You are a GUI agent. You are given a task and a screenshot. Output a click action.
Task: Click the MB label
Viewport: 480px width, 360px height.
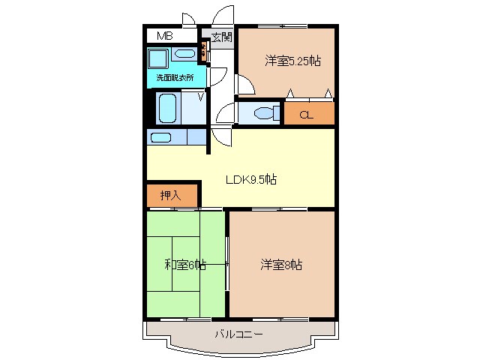click(x=163, y=36)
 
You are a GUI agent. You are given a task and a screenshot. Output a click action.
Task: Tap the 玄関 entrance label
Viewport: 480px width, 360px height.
click(x=220, y=36)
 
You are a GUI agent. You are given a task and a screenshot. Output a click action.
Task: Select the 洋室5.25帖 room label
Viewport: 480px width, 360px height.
click(x=292, y=61)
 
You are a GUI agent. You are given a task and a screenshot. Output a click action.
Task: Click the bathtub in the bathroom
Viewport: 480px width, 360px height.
click(x=168, y=107)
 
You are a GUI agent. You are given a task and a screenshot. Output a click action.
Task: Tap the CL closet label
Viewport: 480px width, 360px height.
click(x=307, y=115)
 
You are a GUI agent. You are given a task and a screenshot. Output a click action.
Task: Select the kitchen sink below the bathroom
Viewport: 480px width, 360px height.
click(x=162, y=137)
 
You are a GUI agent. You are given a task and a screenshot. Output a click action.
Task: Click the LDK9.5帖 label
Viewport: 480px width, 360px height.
click(x=253, y=180)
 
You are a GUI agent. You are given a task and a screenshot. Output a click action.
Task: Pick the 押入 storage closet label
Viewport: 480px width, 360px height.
click(x=170, y=195)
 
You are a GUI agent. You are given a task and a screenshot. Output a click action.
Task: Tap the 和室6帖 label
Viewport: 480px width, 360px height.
click(x=185, y=265)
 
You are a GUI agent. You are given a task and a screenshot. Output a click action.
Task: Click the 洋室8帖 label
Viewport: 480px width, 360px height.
click(x=281, y=265)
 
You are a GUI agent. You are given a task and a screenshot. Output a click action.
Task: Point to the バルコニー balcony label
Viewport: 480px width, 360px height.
click(x=238, y=334)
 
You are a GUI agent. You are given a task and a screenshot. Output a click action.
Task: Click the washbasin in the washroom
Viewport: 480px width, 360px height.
click(x=184, y=55)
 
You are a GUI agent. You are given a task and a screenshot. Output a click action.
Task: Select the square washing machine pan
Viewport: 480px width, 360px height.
click(x=158, y=58)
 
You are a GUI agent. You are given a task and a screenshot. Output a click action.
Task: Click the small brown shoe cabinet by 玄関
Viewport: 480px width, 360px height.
click(x=204, y=51)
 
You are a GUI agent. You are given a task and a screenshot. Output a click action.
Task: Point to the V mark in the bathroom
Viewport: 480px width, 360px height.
click(x=201, y=96)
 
